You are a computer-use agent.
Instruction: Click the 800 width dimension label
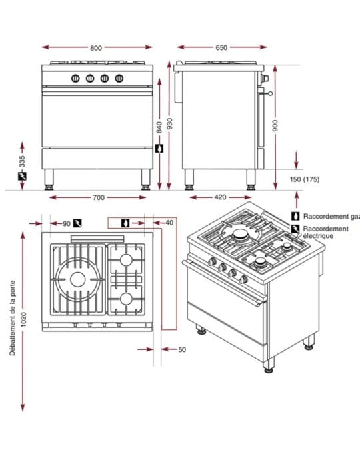[x=96, y=48]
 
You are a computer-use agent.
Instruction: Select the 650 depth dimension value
[x=221, y=47]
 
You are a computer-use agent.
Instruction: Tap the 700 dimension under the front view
[x=99, y=197]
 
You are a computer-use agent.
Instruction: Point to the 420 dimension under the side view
[x=220, y=197]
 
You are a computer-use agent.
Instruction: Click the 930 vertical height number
[x=170, y=123]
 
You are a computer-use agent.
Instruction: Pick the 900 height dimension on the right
[x=275, y=126]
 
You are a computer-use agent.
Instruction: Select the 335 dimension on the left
[x=22, y=161]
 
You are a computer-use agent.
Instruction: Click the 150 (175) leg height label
[x=304, y=179]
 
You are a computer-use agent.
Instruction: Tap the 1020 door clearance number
[x=23, y=319]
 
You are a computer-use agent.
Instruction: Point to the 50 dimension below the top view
[x=182, y=349]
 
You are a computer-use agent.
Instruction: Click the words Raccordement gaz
[x=331, y=217]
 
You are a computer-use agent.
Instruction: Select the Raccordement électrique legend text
[x=326, y=232]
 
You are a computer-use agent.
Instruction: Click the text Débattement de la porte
[x=13, y=318]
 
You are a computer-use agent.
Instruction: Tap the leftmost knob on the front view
[x=75, y=78]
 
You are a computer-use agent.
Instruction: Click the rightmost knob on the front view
[x=119, y=78]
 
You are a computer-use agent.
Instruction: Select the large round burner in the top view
[x=78, y=279]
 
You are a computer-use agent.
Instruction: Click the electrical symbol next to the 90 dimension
[x=77, y=223]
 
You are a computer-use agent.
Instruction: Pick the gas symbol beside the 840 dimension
[x=159, y=149]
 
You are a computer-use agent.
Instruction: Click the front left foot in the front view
[x=49, y=179]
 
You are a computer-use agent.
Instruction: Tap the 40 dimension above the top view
[x=169, y=223]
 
